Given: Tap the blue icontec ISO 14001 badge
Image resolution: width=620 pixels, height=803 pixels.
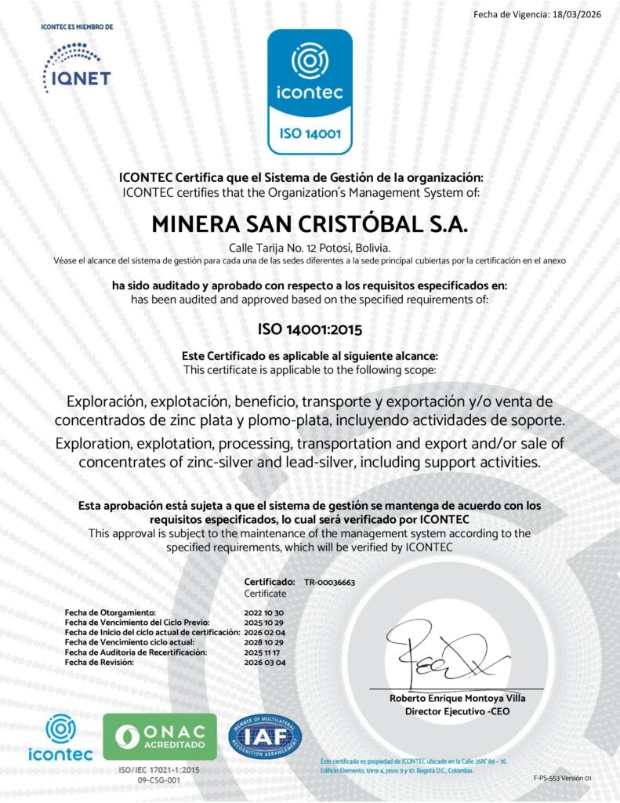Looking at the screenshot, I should point(310,91).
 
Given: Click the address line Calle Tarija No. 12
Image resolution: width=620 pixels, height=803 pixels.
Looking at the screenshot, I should point(310,248).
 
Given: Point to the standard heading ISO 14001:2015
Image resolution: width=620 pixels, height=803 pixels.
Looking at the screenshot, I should point(310,329).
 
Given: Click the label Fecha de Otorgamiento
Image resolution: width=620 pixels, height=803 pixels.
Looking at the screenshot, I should point(111,612).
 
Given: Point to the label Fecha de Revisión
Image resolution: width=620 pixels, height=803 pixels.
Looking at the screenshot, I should point(100,663).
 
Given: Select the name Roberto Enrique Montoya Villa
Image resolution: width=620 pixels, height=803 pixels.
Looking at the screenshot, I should point(458,698).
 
